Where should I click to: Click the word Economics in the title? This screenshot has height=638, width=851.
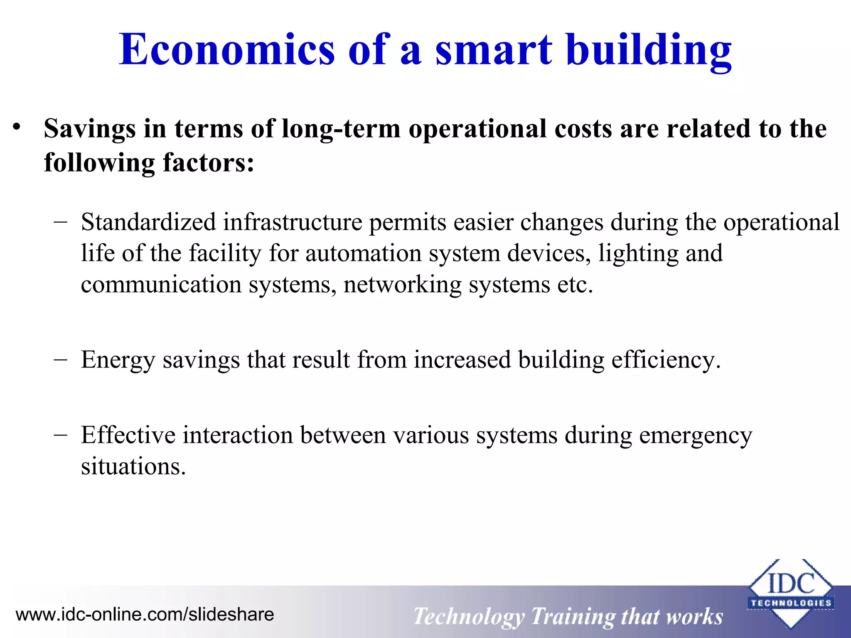click(226, 50)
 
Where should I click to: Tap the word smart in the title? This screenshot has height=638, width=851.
click(494, 50)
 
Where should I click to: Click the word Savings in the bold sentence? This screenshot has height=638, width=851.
click(90, 129)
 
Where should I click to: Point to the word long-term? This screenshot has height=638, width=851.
click(341, 129)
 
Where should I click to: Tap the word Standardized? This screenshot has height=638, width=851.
click(148, 222)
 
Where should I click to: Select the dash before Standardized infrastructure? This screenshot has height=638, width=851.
click(61, 221)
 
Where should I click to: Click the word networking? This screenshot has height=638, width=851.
click(402, 285)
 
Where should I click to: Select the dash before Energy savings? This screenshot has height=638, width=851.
click(61, 359)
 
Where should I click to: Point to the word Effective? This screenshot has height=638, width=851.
click(128, 435)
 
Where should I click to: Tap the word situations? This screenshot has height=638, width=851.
click(133, 467)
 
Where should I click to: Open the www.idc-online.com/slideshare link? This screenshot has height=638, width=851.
click(145, 614)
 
